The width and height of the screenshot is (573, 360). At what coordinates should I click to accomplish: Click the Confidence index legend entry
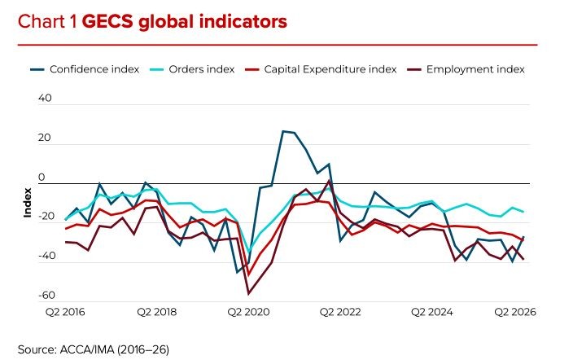point(85,69)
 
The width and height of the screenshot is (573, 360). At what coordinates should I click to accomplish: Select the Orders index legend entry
point(192,69)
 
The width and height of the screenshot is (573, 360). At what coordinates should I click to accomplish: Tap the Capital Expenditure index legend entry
point(321,69)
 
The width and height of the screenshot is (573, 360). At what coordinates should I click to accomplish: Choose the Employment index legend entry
point(466,69)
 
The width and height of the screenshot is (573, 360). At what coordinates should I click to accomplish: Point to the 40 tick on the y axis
point(45,98)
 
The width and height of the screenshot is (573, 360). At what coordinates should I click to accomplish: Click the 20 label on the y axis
point(45,138)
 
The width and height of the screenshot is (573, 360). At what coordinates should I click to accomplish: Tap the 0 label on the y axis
point(42,177)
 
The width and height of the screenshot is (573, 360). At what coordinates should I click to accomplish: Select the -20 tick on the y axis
point(46,216)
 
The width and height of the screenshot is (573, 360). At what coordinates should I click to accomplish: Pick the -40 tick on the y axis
point(46,256)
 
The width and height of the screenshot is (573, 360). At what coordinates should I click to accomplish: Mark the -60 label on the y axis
point(46,295)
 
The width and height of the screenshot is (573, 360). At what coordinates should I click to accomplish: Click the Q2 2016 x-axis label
point(65,312)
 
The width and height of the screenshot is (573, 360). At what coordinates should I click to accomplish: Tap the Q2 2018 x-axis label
point(157,312)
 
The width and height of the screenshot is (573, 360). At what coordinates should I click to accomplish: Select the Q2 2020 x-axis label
point(248,312)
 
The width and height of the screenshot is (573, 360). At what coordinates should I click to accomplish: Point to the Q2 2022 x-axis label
point(340,312)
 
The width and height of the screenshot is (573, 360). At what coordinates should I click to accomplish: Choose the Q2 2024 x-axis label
point(432,312)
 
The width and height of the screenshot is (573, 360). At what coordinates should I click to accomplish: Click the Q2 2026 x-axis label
point(515,312)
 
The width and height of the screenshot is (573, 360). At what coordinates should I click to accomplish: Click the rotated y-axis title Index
point(28,203)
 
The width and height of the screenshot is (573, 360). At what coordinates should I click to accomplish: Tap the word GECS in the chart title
point(107,21)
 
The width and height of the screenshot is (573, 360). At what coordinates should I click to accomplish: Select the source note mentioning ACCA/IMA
point(93,349)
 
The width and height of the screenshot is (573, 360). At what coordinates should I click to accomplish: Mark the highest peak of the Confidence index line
point(283,131)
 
